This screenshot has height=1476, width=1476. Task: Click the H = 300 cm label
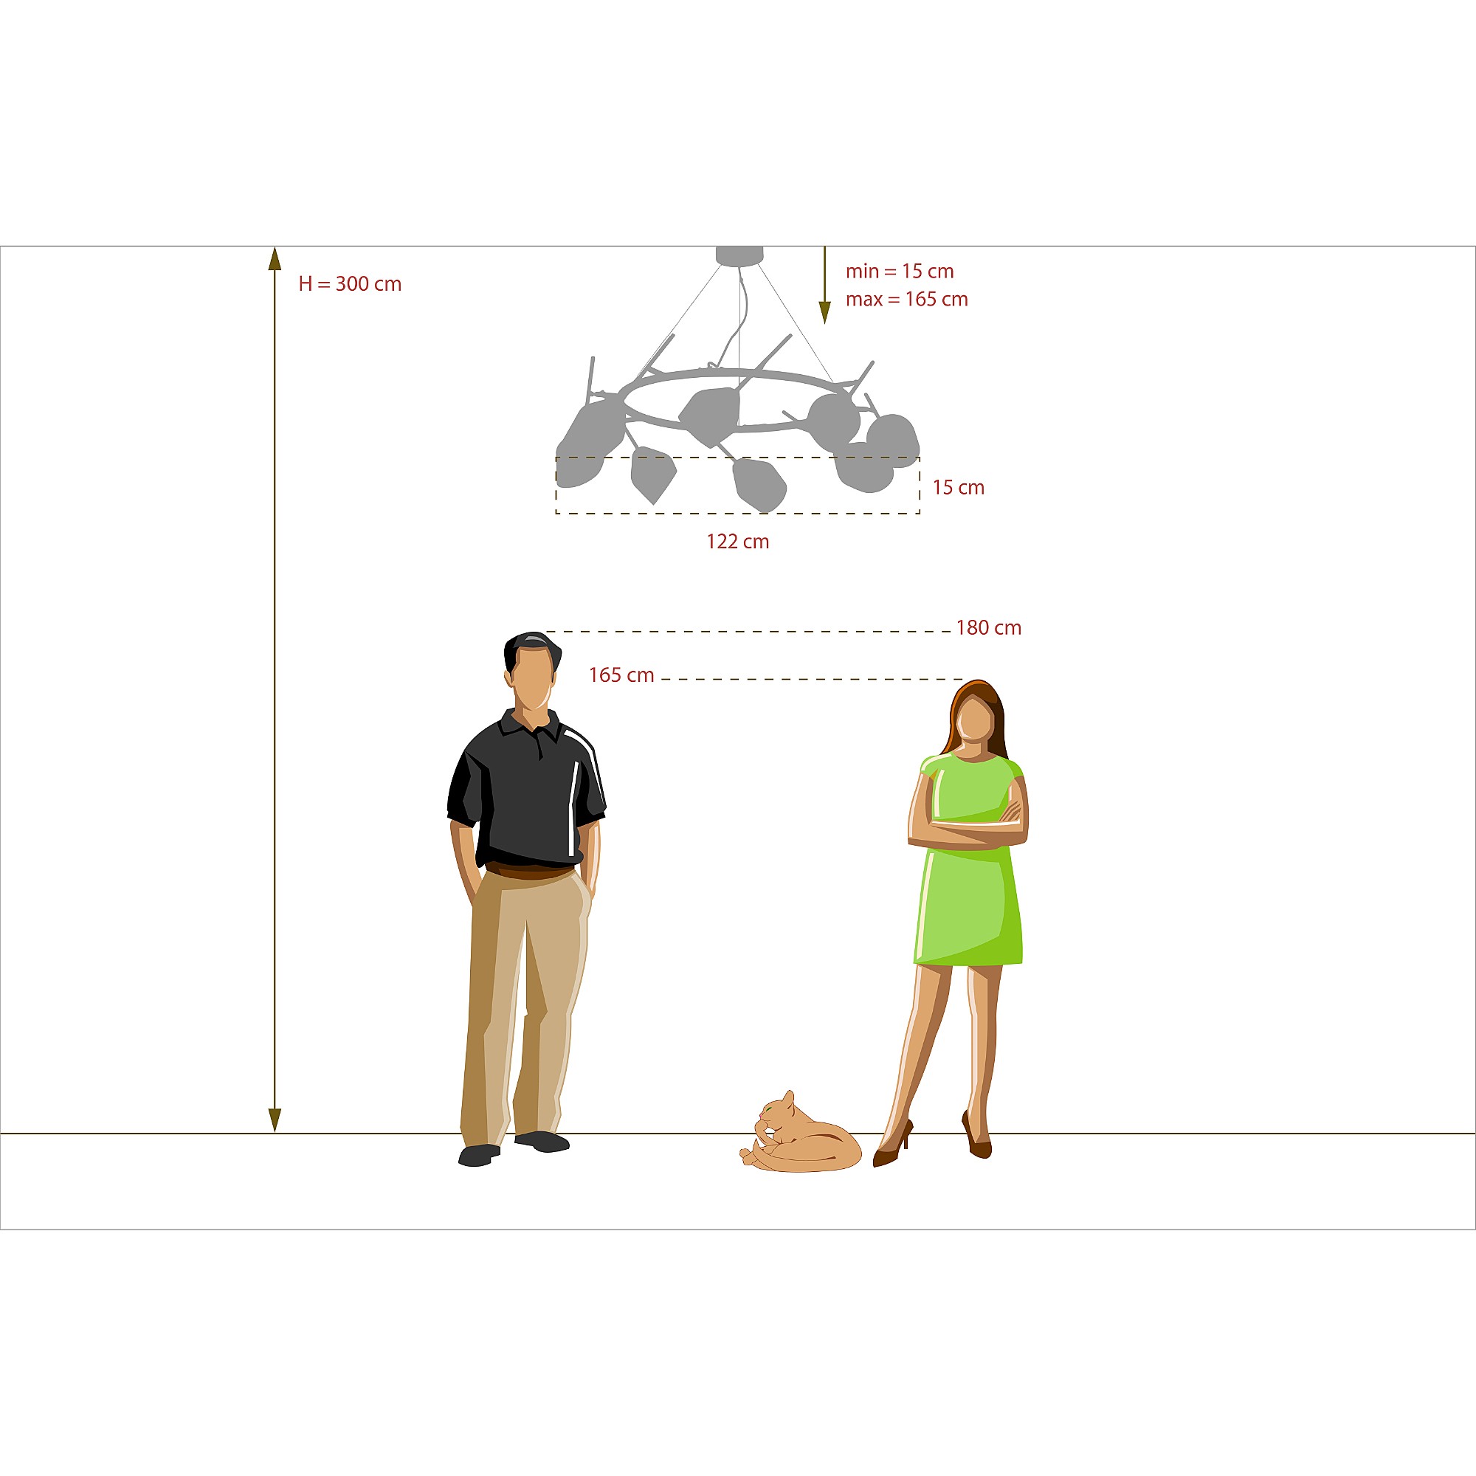(x=350, y=284)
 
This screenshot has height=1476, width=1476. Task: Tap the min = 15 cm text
(x=899, y=271)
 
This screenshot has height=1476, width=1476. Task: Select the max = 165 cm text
(x=906, y=300)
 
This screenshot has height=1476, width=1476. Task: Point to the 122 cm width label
(x=737, y=542)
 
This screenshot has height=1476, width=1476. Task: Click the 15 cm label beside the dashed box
(x=958, y=487)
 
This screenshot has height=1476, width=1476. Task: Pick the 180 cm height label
(x=989, y=628)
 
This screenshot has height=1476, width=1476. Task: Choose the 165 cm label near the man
(x=621, y=675)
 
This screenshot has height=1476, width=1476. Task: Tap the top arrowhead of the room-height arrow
(x=275, y=258)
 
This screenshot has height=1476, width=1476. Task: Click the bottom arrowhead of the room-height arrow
(x=275, y=1121)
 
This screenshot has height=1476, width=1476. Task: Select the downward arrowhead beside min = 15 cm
(x=824, y=312)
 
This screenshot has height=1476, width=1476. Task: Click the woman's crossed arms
(x=968, y=824)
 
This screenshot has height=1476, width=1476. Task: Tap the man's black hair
(x=533, y=649)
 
